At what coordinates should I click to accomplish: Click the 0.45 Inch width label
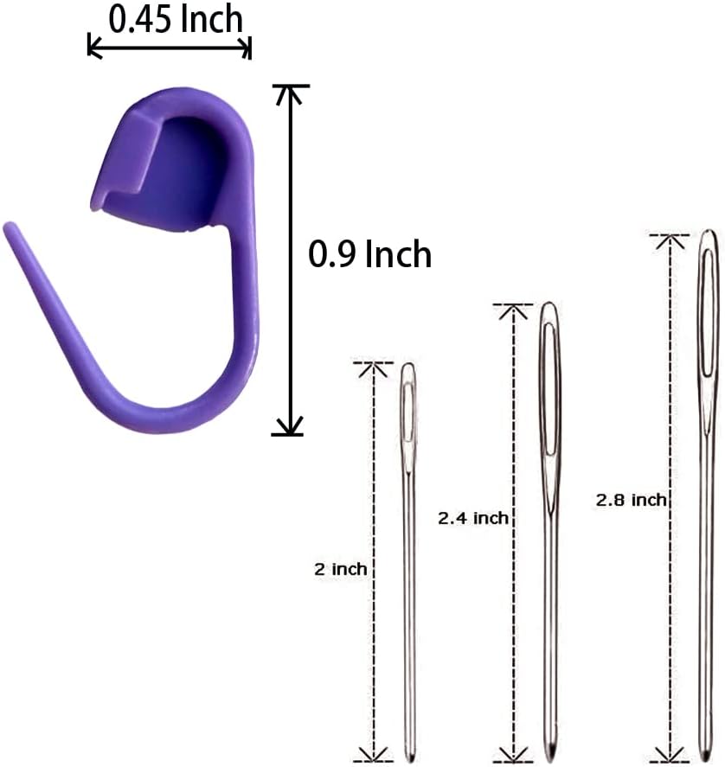point(176,20)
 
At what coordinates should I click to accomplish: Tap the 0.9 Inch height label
point(369,254)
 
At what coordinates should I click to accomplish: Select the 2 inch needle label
point(341,569)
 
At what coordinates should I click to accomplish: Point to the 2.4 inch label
point(473,518)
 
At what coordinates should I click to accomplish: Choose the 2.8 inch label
point(631,500)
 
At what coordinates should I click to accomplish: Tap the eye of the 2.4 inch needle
point(549,389)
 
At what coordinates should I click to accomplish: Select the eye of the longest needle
point(709,313)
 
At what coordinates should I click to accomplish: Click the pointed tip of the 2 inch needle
point(410,761)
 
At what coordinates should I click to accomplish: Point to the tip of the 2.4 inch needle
point(552,761)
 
